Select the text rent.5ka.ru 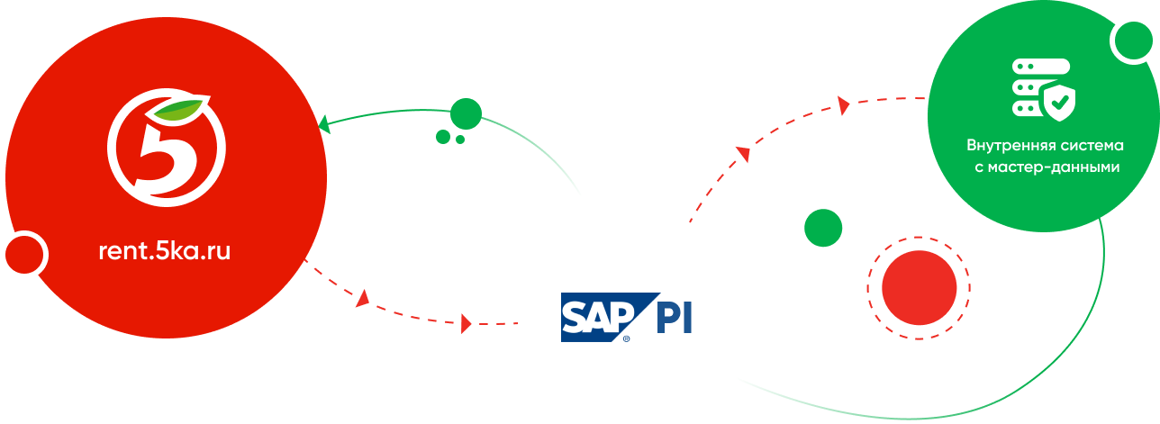coord(165,250)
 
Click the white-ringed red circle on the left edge coord(24,255)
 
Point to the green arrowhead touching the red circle coord(323,124)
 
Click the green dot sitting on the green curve coord(466,113)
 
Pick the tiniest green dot coord(460,140)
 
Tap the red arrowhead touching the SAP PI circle coord(467,323)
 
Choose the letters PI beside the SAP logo coord(674,317)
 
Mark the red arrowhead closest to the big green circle coord(844,105)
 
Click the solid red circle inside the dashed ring coord(919,288)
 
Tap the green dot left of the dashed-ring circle coord(823,228)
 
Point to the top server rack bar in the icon coord(1040,66)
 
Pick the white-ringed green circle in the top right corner coord(1134,41)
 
